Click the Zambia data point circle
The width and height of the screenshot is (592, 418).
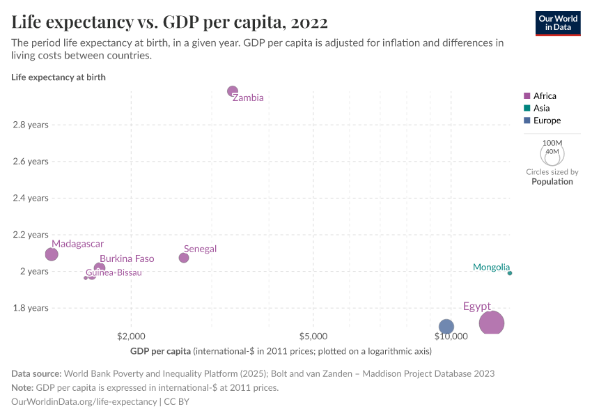(233, 91)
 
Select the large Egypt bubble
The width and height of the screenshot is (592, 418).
(492, 323)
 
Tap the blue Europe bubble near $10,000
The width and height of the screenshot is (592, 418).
(446, 327)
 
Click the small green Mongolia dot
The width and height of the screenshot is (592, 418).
(510, 273)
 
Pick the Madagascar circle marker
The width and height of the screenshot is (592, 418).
(52, 254)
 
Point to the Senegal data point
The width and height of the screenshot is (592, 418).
(184, 258)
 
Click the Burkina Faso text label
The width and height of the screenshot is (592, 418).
(127, 258)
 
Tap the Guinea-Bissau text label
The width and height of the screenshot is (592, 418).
(114, 272)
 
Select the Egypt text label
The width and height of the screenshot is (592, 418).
(477, 307)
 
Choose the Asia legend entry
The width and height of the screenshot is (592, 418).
(541, 108)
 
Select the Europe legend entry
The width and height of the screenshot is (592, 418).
(547, 121)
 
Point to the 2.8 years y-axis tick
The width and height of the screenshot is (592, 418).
(30, 125)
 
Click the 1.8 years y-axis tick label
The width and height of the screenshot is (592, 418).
(30, 308)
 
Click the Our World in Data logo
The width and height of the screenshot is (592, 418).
(557, 23)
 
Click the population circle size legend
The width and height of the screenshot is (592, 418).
(552, 153)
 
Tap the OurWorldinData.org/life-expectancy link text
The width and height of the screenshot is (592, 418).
(84, 402)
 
